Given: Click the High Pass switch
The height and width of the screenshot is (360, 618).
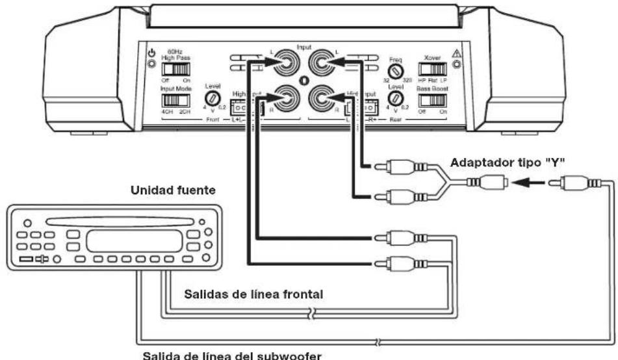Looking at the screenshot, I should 172,68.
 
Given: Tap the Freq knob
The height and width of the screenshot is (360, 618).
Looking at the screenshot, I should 394,68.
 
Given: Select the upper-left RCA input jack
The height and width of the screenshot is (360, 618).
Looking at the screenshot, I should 285,65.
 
